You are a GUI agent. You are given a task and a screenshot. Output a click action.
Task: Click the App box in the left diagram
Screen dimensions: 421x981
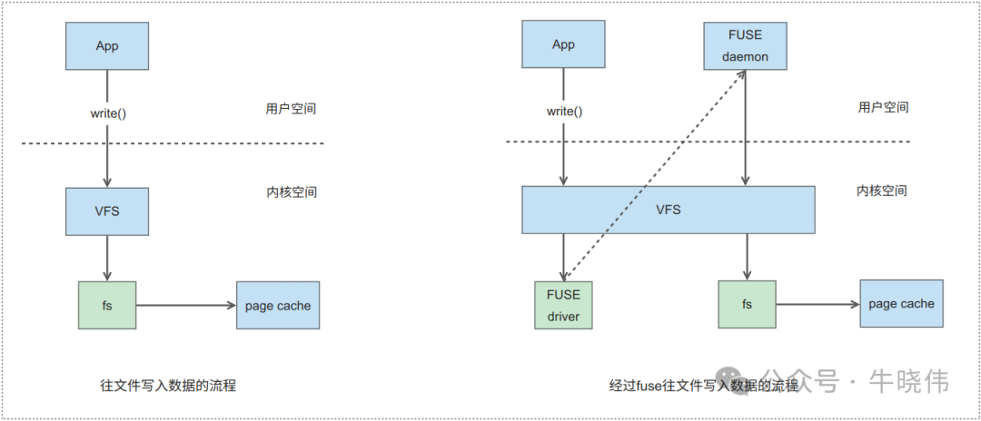coord(107,45)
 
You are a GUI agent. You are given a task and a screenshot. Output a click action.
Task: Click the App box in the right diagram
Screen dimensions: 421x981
coord(563,45)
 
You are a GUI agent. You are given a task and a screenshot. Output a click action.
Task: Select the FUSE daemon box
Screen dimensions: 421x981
coord(745,45)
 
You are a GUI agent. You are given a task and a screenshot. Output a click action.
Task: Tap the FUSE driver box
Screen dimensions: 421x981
coord(563,305)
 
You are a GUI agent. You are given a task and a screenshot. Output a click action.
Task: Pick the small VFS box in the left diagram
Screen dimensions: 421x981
coord(107,211)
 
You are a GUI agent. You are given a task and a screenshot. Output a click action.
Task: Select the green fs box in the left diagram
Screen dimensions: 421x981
coord(107,306)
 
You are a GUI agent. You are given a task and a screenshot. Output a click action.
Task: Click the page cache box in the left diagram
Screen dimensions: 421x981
coord(277,306)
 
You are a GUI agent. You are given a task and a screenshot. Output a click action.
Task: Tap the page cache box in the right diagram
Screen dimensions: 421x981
coord(901,304)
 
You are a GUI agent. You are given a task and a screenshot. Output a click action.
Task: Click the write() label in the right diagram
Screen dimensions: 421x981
coord(563,112)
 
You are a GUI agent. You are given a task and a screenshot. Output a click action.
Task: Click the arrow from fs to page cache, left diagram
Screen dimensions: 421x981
coord(185,306)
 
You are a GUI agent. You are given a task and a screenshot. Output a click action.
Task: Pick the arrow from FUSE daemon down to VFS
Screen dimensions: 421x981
coord(746,127)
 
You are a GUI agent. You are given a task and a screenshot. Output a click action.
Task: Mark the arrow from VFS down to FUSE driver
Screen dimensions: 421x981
coord(563,257)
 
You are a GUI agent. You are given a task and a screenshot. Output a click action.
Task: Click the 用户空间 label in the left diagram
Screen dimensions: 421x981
coord(285,109)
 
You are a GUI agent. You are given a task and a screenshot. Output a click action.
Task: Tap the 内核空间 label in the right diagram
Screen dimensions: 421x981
coord(882,191)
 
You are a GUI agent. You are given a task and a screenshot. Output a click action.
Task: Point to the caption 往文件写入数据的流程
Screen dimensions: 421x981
coord(168,386)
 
